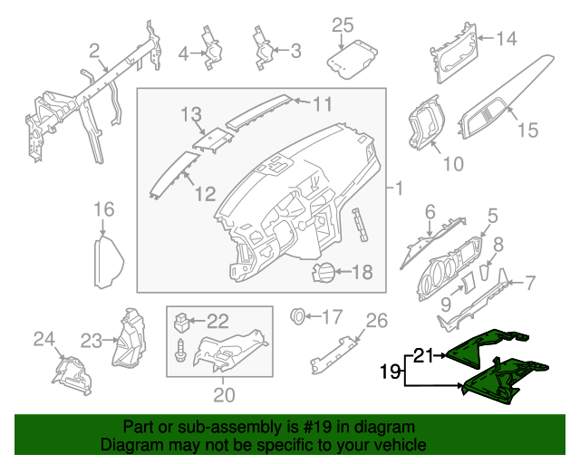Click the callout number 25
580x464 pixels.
342,25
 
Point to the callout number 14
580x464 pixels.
506,38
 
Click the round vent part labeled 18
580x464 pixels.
324,271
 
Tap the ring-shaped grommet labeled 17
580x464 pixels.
295,317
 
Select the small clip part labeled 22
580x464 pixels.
183,321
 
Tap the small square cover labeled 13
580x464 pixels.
212,140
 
